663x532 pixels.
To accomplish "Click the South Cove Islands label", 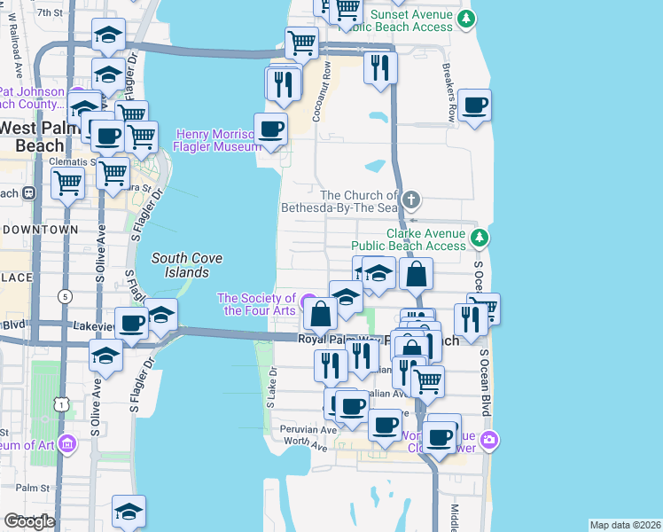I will click(186, 265).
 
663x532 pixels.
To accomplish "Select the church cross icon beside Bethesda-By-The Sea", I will click(409, 199).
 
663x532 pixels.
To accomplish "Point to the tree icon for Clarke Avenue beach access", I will click(479, 237).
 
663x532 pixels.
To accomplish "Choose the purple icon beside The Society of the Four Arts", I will click(308, 301).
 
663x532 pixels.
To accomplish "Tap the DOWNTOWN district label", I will click(41, 230).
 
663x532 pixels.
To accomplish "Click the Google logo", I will click(29, 521).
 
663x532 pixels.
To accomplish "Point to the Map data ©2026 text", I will click(625, 525).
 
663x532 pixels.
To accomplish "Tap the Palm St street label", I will click(31, 488).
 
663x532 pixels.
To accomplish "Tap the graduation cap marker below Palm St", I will click(129, 512).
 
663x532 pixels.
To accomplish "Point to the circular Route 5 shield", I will click(65, 296).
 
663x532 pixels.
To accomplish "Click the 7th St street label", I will click(51, 12).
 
